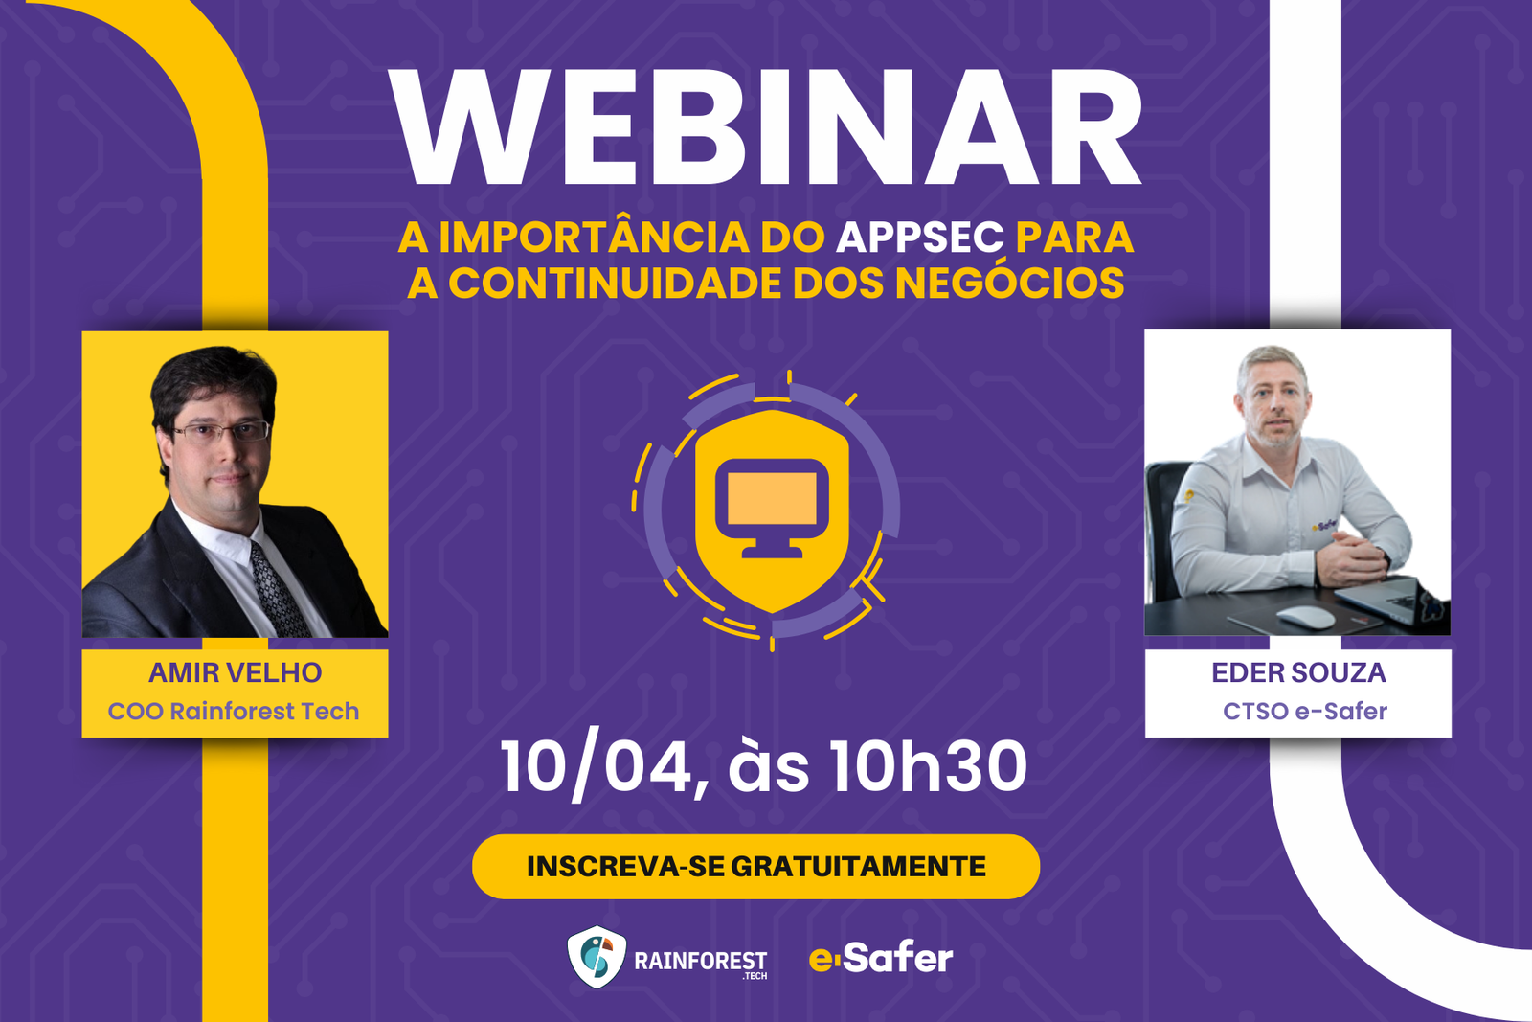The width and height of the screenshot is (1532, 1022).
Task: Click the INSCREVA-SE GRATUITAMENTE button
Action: (x=755, y=867)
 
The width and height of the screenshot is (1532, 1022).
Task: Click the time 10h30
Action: (x=927, y=767)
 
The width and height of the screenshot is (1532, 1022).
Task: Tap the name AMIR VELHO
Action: (x=235, y=672)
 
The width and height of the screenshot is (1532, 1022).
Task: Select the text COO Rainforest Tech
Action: (x=234, y=712)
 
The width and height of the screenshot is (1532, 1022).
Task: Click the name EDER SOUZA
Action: (x=1298, y=672)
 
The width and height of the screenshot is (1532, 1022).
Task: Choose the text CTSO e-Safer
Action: (x=1304, y=712)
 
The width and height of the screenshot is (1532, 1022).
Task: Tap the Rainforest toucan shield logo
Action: (x=597, y=957)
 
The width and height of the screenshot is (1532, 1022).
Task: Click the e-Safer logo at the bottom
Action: (x=881, y=958)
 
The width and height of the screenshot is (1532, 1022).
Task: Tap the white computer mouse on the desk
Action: (x=1305, y=616)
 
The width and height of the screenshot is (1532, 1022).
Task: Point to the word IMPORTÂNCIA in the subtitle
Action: (x=594, y=238)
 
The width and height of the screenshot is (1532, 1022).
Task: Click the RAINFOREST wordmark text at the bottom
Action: (x=700, y=960)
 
